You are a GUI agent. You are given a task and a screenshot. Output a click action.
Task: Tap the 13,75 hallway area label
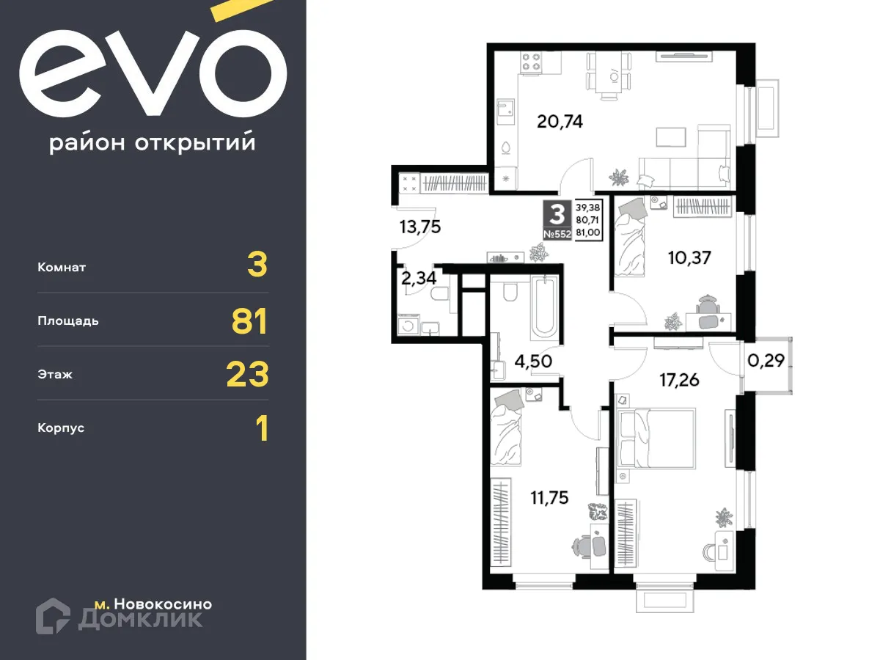click(x=420, y=227)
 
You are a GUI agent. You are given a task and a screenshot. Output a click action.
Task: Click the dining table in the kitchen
click(x=607, y=75)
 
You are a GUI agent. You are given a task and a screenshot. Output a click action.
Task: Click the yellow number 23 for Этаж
click(x=248, y=374)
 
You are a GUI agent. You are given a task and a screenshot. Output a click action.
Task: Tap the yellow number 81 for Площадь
click(x=249, y=321)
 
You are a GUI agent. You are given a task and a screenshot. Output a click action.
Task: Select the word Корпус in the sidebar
click(x=61, y=428)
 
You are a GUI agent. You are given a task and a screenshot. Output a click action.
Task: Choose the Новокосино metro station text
click(x=164, y=604)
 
